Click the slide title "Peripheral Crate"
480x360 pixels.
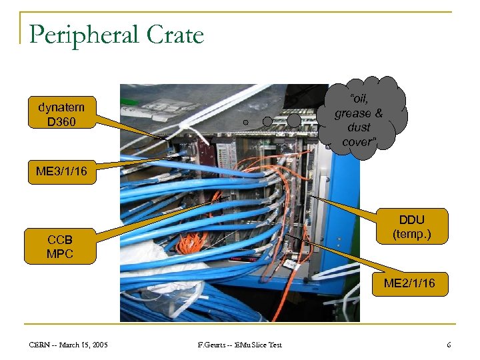117,34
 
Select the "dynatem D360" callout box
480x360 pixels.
61,114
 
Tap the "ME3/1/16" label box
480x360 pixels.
61,172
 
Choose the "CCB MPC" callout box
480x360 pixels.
60,246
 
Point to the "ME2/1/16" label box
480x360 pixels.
409,283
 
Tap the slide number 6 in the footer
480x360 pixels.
449,345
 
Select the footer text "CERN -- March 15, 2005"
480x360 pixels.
69,345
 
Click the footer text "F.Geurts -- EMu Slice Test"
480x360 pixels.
240,345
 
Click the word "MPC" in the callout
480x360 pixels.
60,253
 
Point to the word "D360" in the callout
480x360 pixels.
61,121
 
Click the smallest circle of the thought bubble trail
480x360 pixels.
246,123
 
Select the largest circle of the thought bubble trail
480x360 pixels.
294,120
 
